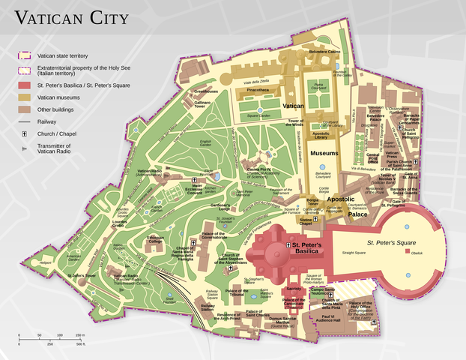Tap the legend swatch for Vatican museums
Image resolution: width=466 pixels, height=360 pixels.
pyautogui.click(x=24, y=97)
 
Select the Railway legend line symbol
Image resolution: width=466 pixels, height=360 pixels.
pyautogui.click(x=24, y=120)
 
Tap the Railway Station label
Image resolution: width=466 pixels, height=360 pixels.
pyautogui.click(x=208, y=307)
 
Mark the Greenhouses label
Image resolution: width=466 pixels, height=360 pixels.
pyautogui.click(x=206, y=91)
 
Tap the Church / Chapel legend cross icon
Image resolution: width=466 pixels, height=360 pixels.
pyautogui.click(x=24, y=133)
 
